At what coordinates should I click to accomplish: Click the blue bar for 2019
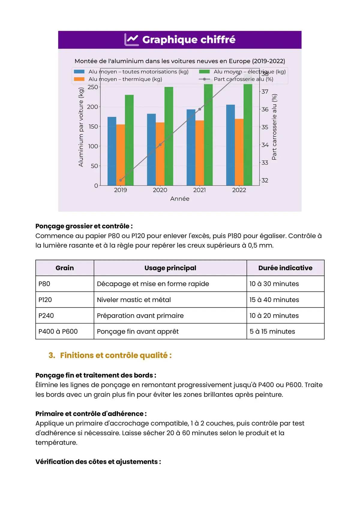(x=112, y=151)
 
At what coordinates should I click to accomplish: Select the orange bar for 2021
(x=199, y=153)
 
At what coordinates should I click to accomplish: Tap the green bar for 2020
(x=169, y=136)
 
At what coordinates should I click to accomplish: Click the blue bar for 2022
(x=230, y=145)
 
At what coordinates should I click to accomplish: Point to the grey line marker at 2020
(x=160, y=145)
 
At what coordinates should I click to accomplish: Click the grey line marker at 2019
(x=121, y=180)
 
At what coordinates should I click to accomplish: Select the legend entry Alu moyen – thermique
(x=125, y=79)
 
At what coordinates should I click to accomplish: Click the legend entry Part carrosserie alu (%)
(x=243, y=79)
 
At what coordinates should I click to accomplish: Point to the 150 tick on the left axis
(x=93, y=127)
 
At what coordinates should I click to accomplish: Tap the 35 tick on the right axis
(x=265, y=127)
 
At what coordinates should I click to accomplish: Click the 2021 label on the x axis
(x=199, y=190)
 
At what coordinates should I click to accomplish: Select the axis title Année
(x=180, y=199)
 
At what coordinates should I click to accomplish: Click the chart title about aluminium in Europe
(x=180, y=61)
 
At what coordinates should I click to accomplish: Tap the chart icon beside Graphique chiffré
(x=131, y=40)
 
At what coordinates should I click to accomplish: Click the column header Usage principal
(x=170, y=268)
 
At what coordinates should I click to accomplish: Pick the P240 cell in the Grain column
(x=46, y=316)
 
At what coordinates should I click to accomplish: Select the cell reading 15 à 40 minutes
(x=274, y=300)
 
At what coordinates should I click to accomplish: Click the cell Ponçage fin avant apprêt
(x=138, y=332)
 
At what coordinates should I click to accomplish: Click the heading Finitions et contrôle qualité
(x=115, y=356)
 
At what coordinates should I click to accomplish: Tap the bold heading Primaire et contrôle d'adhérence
(x=91, y=414)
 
